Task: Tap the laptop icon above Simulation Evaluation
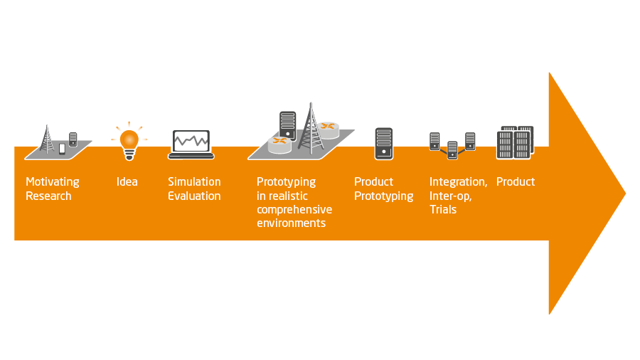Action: (x=191, y=144)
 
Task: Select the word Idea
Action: (x=127, y=181)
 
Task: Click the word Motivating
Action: (x=52, y=182)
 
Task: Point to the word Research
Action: (x=48, y=196)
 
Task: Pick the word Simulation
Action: (x=194, y=181)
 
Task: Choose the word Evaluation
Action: (x=194, y=196)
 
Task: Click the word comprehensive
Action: (x=294, y=210)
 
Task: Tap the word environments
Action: (x=291, y=223)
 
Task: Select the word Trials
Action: (x=443, y=209)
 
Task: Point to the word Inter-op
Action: (x=451, y=196)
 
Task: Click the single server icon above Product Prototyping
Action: (x=384, y=144)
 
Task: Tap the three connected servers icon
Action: (x=452, y=146)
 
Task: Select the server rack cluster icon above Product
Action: (x=515, y=142)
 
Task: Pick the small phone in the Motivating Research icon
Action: (x=62, y=149)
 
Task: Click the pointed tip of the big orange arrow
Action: (x=626, y=194)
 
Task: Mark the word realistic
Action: (x=287, y=196)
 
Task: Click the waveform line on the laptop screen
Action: (x=191, y=141)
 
